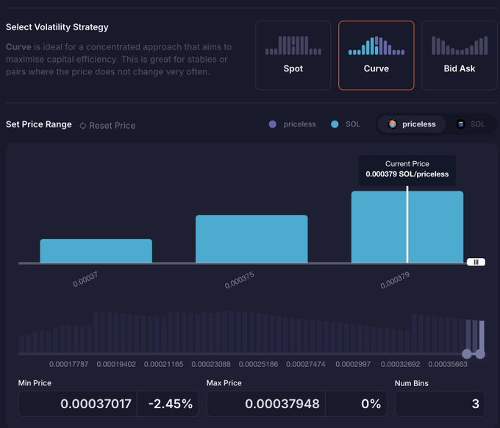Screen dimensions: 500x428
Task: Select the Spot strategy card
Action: (293, 55)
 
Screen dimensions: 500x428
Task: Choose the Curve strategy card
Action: (376, 55)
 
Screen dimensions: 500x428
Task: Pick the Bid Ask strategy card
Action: (459, 55)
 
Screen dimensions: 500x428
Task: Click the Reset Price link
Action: (107, 125)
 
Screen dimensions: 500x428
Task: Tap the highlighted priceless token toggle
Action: (412, 124)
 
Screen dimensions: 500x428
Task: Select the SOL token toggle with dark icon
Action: (471, 124)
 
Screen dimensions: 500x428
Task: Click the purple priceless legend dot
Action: (272, 124)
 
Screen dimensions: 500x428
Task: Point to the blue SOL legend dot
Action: (335, 124)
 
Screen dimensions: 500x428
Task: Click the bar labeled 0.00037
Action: (96, 251)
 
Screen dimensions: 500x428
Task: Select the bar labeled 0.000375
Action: (251, 239)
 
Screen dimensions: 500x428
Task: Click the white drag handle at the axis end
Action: (476, 262)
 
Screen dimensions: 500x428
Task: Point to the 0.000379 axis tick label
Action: (395, 280)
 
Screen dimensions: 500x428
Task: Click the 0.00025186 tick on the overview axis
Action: (258, 364)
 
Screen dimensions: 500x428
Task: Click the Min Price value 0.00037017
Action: (96, 404)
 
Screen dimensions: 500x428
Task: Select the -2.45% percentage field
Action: (171, 404)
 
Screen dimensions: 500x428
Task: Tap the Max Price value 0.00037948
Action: (282, 404)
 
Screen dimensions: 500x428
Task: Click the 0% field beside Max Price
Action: (371, 404)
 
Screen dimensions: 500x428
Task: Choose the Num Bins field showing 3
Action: (440, 404)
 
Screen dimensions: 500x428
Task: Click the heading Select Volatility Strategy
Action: (57, 27)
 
